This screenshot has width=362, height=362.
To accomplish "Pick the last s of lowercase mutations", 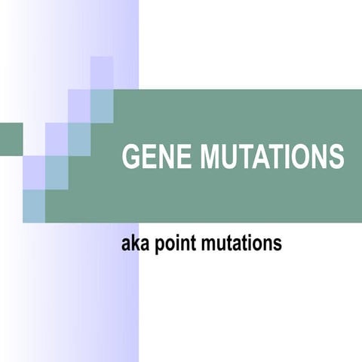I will (278, 244).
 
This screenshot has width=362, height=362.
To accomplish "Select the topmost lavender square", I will (102, 72).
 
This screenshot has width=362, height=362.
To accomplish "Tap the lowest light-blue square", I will (34, 206).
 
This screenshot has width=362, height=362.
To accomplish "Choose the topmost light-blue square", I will (102, 106).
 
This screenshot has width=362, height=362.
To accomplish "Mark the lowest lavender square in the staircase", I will (34, 172).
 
